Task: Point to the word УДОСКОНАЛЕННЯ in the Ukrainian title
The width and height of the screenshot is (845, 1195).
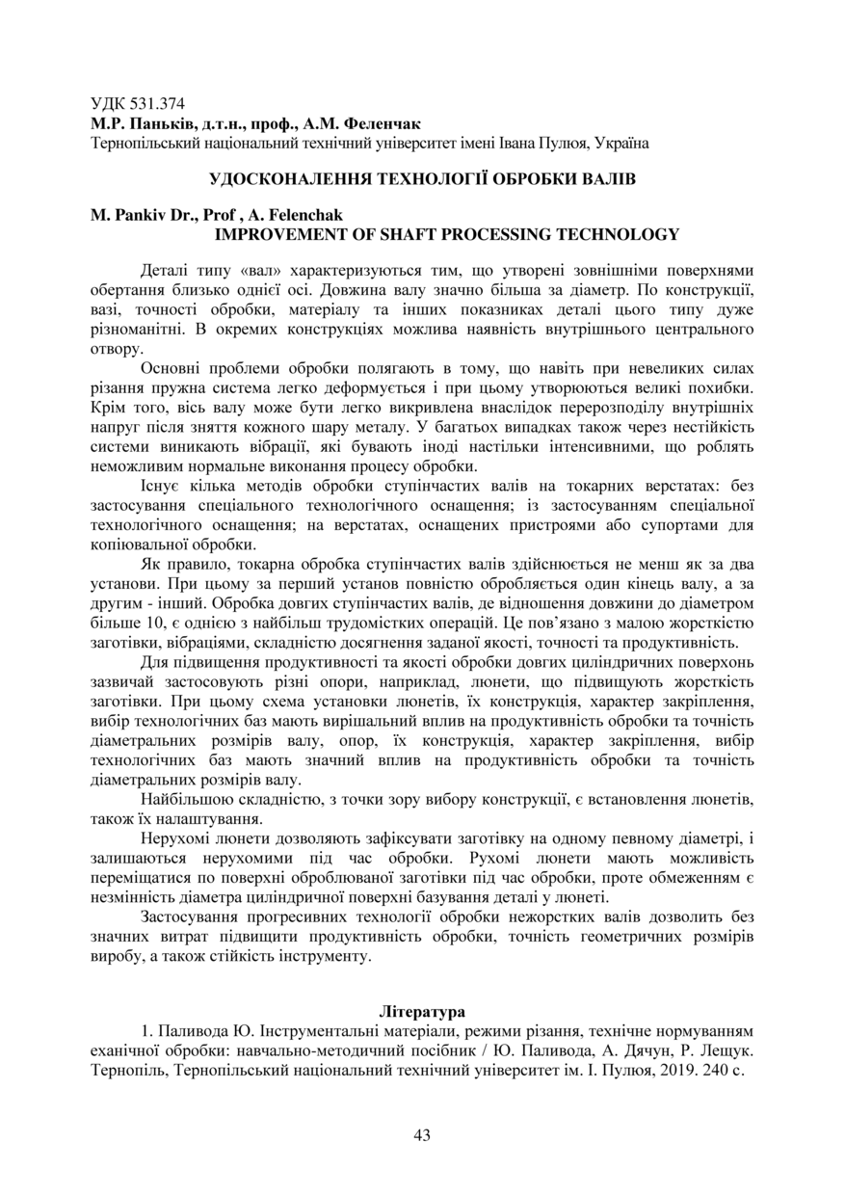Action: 294,179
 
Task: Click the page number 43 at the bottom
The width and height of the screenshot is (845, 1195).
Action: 422,1135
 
